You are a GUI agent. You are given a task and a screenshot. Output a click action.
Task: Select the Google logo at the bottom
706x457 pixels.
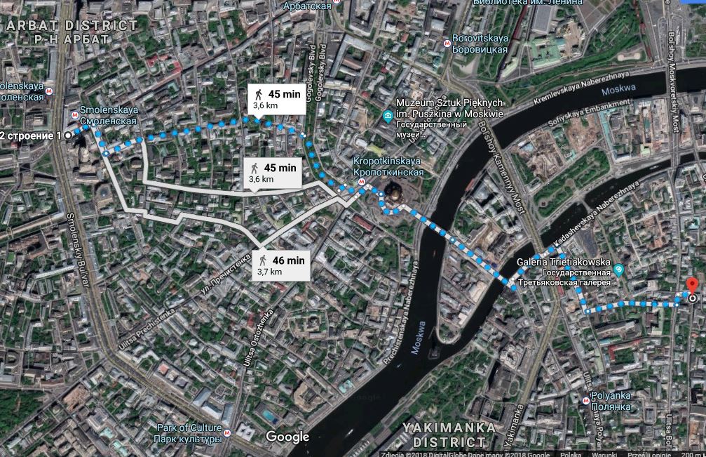point(287,437)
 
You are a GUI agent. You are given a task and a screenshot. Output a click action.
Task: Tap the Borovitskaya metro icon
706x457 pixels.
point(447,42)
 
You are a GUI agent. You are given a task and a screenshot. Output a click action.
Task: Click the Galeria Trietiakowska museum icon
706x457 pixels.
point(618,270)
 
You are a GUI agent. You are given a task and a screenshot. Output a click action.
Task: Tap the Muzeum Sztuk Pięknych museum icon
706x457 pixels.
point(386,115)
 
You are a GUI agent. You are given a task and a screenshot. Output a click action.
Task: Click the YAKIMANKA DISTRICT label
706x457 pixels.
point(449,435)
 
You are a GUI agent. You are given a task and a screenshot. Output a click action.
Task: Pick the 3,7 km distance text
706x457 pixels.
point(269,272)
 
